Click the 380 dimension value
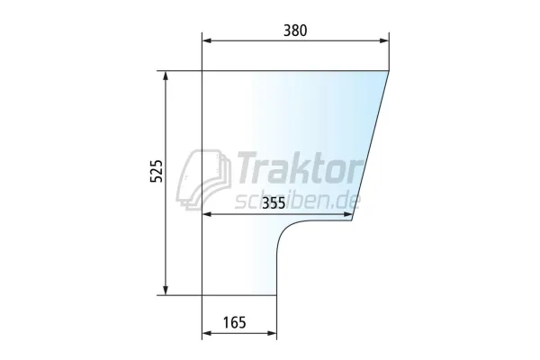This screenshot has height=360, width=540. (x=295, y=31)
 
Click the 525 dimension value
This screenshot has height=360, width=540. (x=157, y=171)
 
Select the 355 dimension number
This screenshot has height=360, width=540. (x=274, y=203)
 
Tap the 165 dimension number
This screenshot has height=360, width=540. (x=235, y=323)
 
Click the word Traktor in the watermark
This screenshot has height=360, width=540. (x=299, y=168)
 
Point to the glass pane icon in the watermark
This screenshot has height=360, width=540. (x=203, y=179)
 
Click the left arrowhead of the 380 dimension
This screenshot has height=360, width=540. (x=207, y=40)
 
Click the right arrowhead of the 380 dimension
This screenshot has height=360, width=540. (x=384, y=40)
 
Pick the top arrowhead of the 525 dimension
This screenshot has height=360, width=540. (x=166, y=76)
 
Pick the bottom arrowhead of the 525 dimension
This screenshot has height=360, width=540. (x=166, y=291)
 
